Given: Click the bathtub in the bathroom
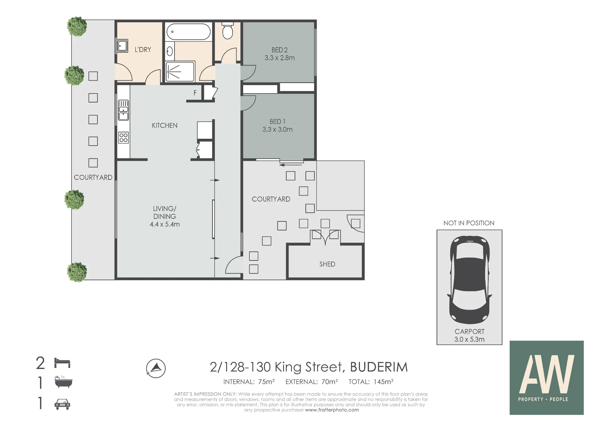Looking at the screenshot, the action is (188, 32).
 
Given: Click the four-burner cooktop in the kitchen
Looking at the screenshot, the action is (123, 138).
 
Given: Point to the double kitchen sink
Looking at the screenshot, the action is (123, 110).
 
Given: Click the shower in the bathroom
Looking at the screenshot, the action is (180, 71).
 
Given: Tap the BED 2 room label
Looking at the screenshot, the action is (280, 50).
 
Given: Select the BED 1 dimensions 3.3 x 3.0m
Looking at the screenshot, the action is (277, 130).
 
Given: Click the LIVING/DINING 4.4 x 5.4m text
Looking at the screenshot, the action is (165, 216).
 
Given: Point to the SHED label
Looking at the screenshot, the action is (327, 264).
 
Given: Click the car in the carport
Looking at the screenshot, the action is (469, 280).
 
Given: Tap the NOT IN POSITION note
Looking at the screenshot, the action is (469, 223).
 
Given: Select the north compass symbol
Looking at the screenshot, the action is (156, 368).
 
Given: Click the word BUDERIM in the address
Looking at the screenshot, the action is (379, 367).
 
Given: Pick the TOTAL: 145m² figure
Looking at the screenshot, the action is (371, 382).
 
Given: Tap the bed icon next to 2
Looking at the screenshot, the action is (62, 363).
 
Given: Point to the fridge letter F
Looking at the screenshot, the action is (195, 93).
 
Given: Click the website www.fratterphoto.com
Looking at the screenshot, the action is (332, 410).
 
